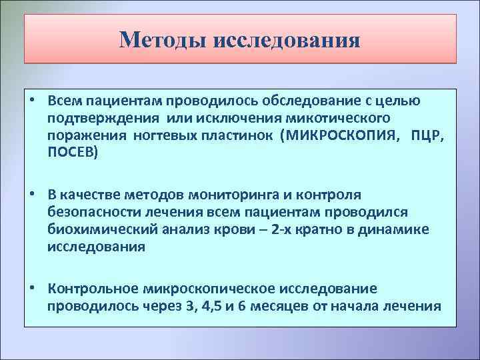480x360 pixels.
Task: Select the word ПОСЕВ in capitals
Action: point(70,153)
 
